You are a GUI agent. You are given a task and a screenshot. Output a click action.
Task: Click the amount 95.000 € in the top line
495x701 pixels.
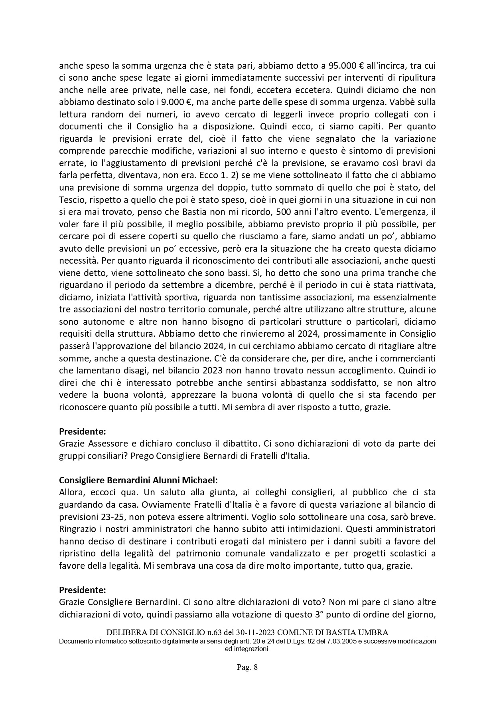(x=344, y=66)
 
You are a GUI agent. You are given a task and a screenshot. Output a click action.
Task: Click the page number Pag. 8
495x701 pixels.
(x=247, y=667)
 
